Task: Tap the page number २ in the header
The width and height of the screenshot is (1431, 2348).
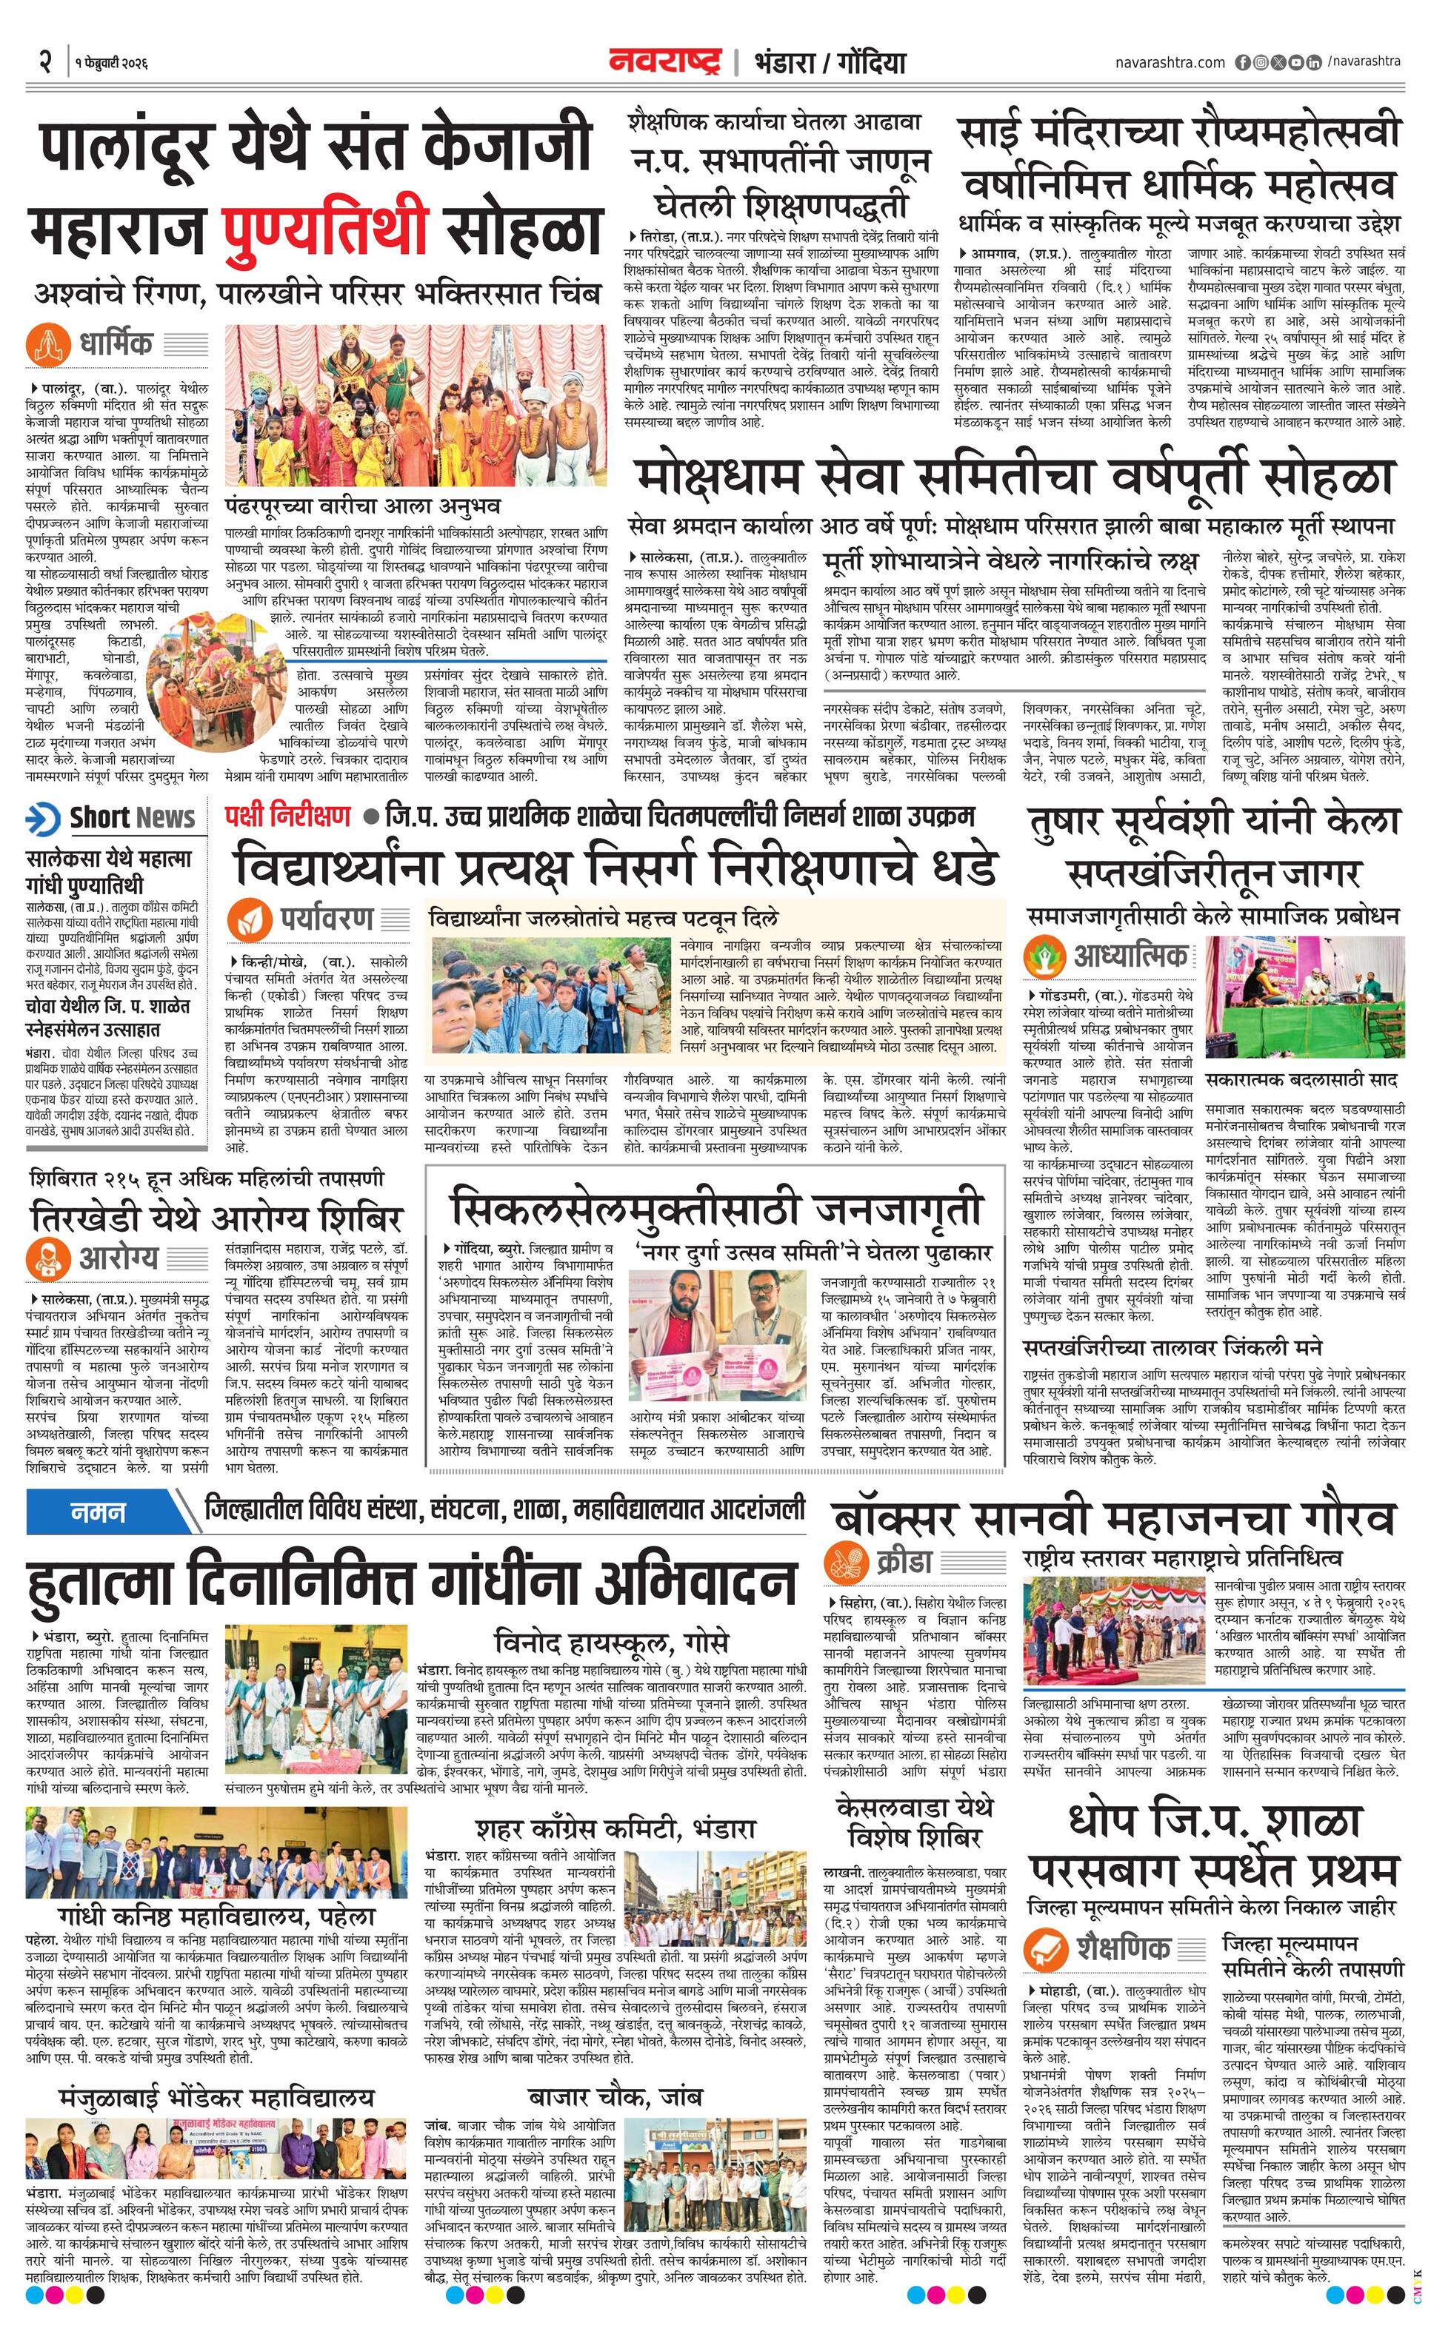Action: pyautogui.click(x=44, y=62)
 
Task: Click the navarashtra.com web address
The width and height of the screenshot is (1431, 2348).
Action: pyautogui.click(x=1170, y=63)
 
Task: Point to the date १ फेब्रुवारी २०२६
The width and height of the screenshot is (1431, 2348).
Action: pyautogui.click(x=113, y=64)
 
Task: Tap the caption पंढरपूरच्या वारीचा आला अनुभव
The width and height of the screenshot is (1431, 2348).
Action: pyautogui.click(x=362, y=504)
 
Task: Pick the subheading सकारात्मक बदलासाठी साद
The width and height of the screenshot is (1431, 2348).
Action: pyautogui.click(x=1301, y=1081)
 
